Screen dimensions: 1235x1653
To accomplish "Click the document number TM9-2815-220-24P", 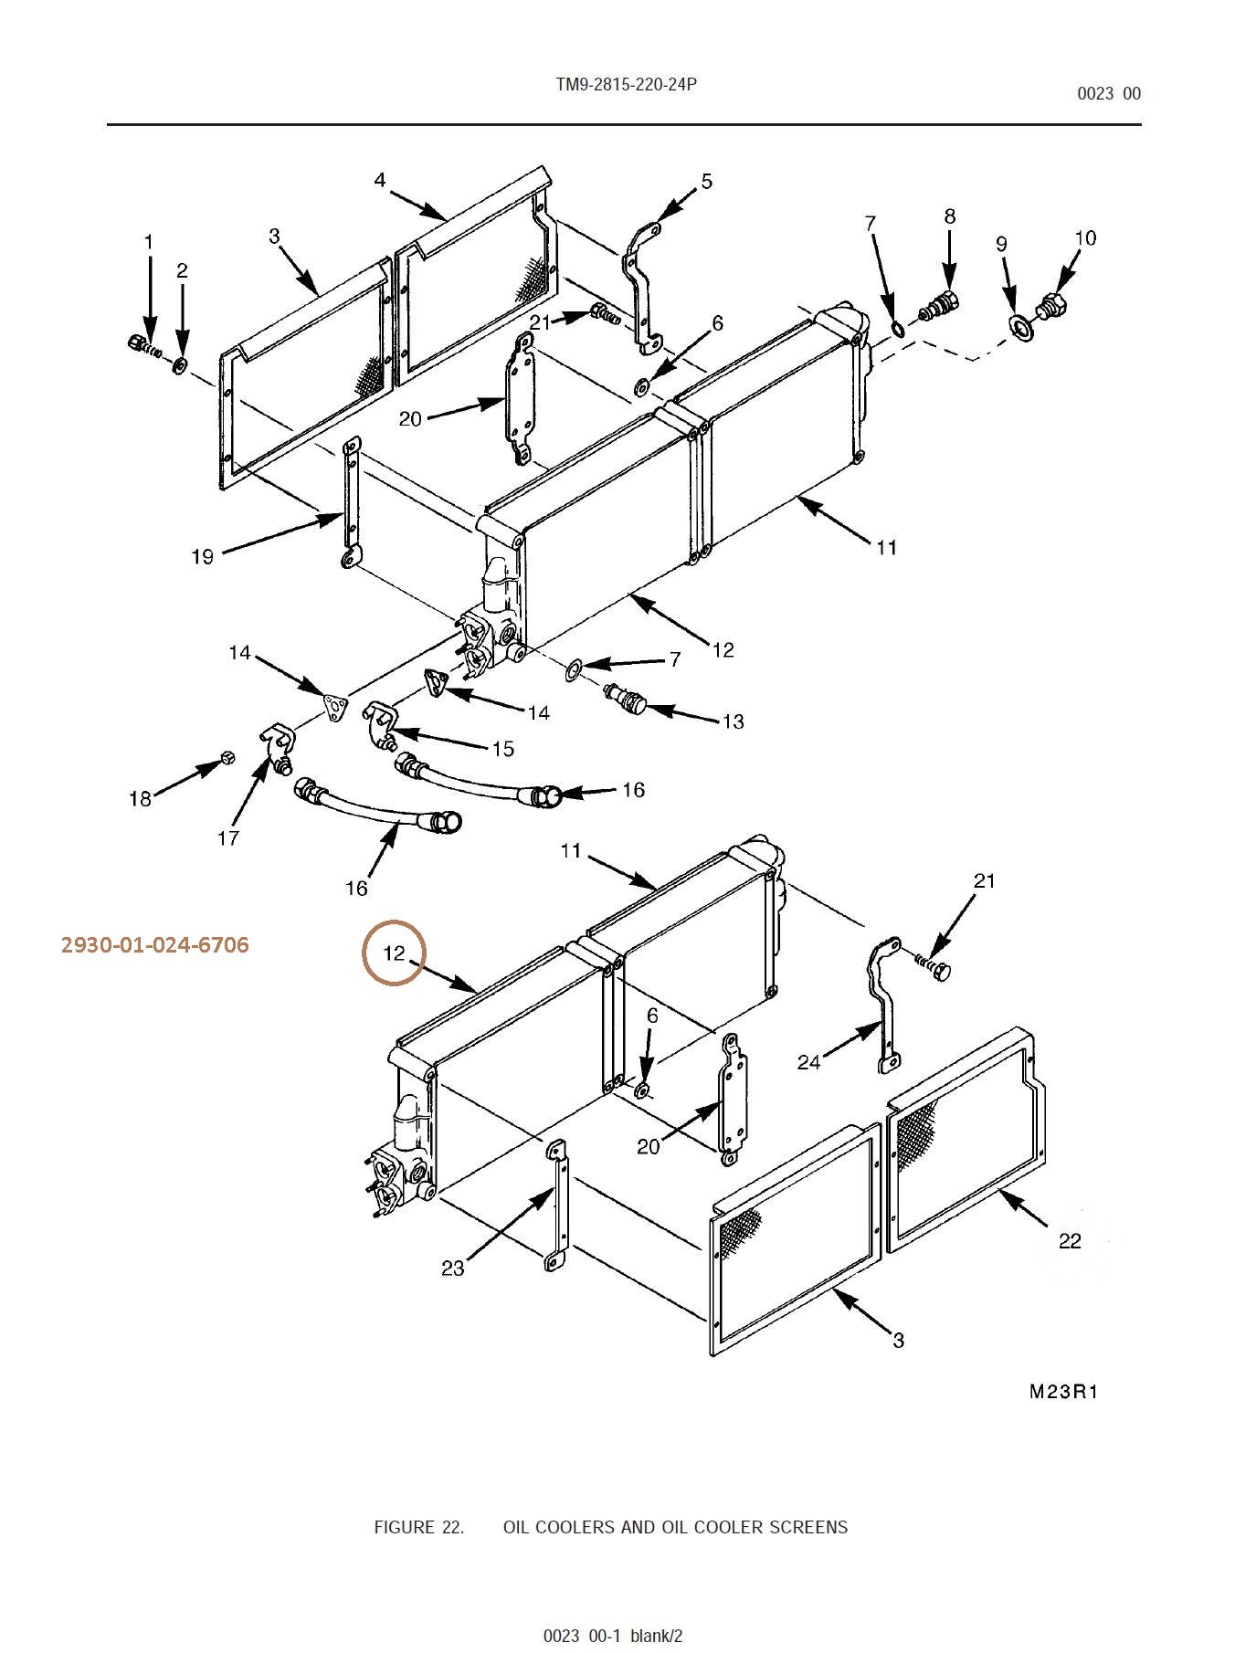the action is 626,85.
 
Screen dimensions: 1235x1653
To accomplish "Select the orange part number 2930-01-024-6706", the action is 155,944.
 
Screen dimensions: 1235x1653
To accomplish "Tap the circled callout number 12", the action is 394,953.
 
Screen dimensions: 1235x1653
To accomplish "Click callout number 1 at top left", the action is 149,242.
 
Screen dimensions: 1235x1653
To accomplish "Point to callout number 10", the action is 1084,237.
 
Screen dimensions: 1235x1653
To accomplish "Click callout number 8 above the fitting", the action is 950,216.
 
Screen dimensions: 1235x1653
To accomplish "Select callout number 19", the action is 202,556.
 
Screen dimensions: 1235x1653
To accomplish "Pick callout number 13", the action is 733,721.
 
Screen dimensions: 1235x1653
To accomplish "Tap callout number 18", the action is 140,799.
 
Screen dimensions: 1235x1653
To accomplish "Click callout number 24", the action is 808,1062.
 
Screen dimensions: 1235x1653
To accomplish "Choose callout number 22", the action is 1070,1240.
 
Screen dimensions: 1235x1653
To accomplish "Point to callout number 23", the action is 453,1268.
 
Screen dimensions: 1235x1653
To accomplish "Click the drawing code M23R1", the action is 1063,1392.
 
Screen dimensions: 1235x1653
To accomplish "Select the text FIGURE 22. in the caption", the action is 418,1527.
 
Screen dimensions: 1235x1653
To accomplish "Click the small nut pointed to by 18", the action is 228,757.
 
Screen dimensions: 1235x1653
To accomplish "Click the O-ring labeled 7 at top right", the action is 898,328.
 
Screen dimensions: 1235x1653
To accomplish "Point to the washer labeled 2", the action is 180,365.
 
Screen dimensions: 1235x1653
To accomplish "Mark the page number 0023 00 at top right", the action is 1109,93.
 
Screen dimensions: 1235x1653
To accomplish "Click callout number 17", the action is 228,837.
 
